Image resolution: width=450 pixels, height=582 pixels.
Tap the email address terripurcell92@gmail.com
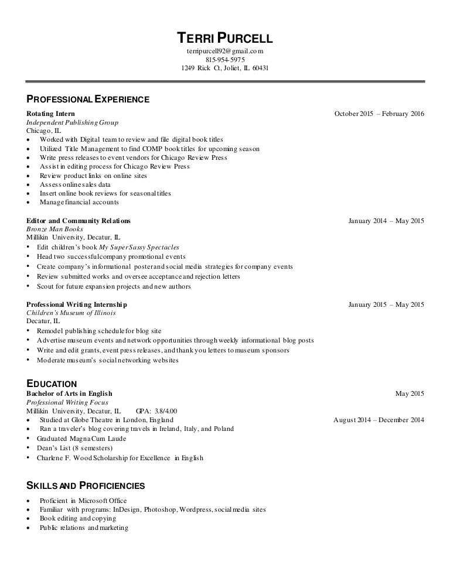pos(225,52)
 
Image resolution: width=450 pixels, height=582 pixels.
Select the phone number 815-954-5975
pos(225,60)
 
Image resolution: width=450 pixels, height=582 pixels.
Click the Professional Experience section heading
pos(88,100)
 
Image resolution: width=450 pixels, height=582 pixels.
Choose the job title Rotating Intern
pos(50,114)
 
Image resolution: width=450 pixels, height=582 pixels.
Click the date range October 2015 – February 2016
pos(379,114)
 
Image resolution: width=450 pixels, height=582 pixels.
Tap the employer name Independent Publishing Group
pos(73,122)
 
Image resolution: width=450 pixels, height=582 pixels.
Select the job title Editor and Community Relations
pos(79,221)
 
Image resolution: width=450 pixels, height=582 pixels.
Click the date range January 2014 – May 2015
pos(386,221)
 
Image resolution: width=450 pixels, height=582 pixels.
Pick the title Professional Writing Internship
pos(77,304)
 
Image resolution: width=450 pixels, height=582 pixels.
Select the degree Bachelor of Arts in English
pos(69,393)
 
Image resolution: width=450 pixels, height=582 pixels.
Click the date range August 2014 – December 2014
pos(379,420)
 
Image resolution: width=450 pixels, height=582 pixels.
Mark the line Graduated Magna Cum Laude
pos(81,439)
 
